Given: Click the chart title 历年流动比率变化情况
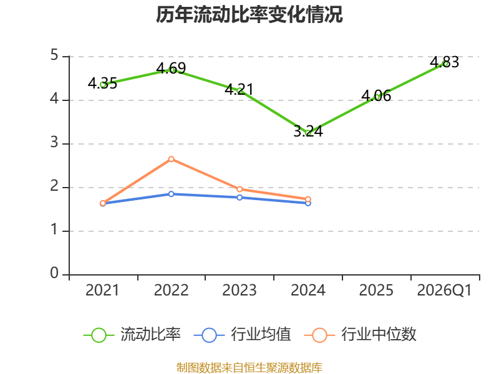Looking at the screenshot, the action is [249, 14].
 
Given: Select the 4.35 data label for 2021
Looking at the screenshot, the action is [102, 84].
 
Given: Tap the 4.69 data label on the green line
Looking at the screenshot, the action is [171, 68].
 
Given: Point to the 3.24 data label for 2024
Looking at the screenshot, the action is [308, 131].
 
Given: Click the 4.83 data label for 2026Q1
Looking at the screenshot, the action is [445, 62].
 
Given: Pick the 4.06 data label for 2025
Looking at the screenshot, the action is [376, 95].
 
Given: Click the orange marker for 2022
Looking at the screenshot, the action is [171, 159].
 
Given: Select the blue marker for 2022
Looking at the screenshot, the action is [171, 194].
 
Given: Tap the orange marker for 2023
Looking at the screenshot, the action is [240, 189].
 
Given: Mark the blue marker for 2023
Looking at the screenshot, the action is [240, 198].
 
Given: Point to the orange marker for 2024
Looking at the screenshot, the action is [308, 199].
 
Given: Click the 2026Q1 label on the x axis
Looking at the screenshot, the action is [444, 290].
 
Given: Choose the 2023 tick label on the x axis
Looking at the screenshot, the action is [240, 290].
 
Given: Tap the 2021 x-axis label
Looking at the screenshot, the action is [102, 290].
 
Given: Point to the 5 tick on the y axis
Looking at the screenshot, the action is [54, 55].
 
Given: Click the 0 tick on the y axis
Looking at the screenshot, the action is [54, 273].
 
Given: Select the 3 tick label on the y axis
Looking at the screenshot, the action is [54, 143].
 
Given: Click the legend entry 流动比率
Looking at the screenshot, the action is [132, 335].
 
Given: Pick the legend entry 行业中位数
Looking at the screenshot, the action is [361, 335].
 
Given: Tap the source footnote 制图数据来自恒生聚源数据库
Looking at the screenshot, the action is [249, 368].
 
